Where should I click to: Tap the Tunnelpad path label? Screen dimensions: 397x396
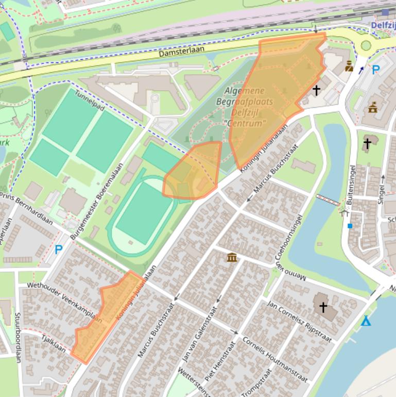point(90,101)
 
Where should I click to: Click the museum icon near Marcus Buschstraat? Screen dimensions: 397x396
point(232,257)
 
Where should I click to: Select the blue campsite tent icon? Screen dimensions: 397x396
point(366,321)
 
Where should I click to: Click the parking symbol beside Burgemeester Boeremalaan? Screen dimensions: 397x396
point(59,250)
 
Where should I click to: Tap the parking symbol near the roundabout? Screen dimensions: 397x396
point(376,70)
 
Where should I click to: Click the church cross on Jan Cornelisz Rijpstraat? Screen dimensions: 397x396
point(323,308)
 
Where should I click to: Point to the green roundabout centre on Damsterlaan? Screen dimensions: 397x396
point(366,45)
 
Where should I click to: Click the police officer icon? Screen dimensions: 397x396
point(349,66)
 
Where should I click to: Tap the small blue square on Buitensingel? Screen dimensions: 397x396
point(350,226)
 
